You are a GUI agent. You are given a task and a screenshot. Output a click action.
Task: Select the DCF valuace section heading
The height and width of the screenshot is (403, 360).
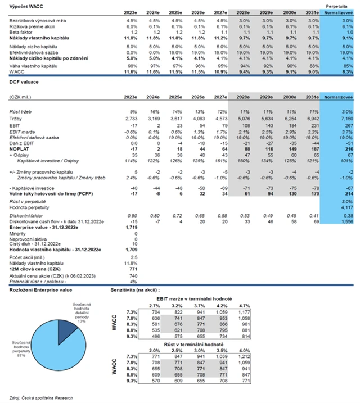[x=24, y=82]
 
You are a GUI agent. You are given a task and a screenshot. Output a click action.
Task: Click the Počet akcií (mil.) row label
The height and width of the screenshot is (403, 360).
[x=28, y=258]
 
